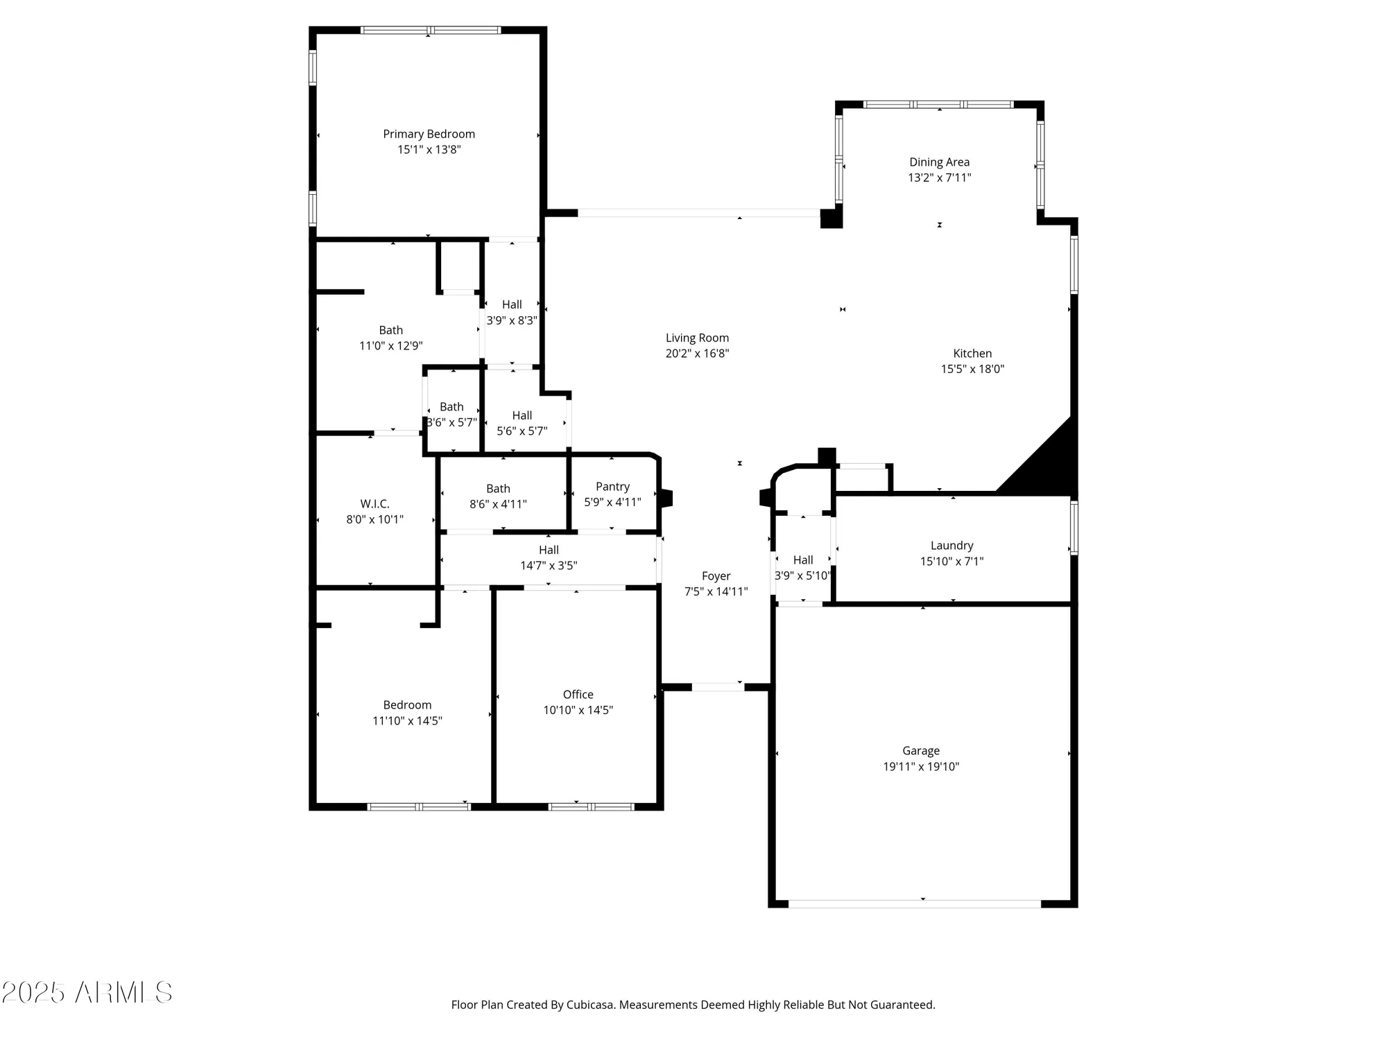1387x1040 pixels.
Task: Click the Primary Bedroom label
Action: [429, 135]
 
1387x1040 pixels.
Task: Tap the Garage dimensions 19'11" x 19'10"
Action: [920, 766]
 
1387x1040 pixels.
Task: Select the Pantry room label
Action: [612, 487]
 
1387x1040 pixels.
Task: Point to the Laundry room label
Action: [951, 546]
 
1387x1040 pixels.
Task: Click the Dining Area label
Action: [939, 162]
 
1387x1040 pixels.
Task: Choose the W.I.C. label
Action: [374, 504]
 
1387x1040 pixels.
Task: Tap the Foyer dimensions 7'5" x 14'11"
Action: [716, 591]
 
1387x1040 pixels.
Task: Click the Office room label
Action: [578, 695]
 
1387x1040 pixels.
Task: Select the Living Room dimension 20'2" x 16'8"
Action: [697, 354]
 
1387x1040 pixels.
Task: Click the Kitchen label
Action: [972, 354]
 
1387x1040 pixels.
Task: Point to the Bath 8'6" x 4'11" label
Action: [498, 489]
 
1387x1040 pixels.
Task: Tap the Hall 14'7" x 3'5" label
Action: [549, 551]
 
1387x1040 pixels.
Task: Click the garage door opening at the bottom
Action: [914, 903]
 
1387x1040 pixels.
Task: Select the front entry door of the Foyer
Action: [718, 687]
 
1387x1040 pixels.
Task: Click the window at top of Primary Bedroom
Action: [430, 31]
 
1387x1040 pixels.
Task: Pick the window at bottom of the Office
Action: [591, 806]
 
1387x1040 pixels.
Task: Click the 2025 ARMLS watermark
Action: [87, 993]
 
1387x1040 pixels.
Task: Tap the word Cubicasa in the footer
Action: [590, 1005]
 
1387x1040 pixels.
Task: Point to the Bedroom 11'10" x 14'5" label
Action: [407, 705]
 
